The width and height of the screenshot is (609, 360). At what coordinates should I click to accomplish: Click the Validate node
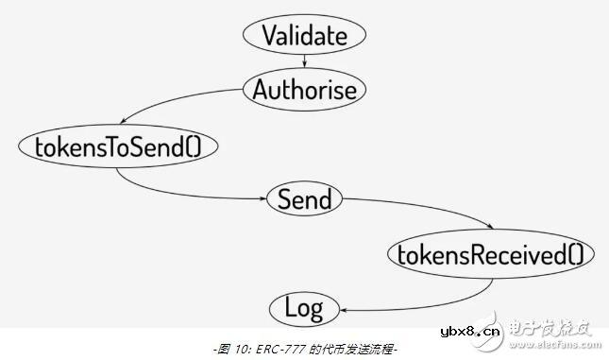[304, 36]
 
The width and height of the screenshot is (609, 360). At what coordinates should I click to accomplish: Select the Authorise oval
[304, 90]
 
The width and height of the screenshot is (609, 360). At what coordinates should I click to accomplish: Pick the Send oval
[304, 199]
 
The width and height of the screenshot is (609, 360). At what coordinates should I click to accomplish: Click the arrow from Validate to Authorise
[304, 62]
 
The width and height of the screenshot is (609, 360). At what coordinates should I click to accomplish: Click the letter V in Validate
[270, 36]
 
